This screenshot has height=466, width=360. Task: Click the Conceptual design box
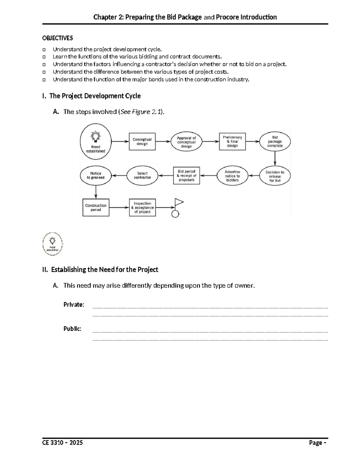(142, 142)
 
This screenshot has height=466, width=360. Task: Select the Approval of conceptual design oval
(186, 142)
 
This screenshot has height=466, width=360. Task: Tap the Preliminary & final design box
(232, 141)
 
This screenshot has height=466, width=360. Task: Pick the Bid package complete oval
(275, 141)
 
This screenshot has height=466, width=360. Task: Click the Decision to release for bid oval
(275, 176)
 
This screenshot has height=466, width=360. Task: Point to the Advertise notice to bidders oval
(232, 176)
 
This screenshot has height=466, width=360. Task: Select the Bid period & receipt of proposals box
(186, 176)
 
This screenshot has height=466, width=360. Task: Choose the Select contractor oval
(142, 176)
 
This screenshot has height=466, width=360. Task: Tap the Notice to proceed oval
(96, 176)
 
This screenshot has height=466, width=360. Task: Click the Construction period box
(96, 208)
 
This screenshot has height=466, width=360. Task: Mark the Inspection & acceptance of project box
(142, 208)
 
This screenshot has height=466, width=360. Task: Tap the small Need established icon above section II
(52, 244)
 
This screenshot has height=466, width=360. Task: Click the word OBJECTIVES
(57, 38)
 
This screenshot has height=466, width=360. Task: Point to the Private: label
(73, 305)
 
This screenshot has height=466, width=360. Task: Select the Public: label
(72, 329)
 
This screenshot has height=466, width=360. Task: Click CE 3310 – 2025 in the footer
(62, 443)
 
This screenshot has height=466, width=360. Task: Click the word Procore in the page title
(227, 17)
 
